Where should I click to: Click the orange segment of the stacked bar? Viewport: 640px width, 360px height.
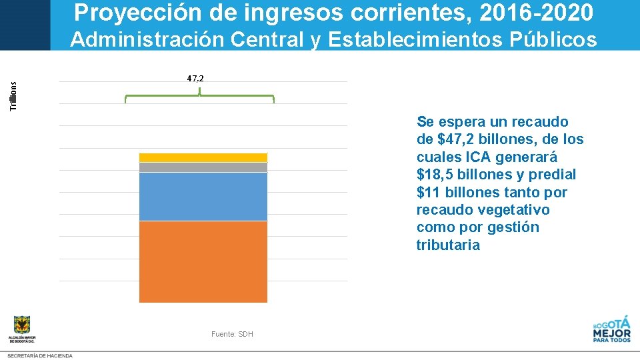pyautogui.click(x=203, y=261)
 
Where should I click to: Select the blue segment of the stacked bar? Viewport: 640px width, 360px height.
pyautogui.click(x=203, y=196)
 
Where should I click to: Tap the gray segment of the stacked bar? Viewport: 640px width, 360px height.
pyautogui.click(x=203, y=167)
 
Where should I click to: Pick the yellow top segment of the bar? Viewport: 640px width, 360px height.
pyautogui.click(x=203, y=157)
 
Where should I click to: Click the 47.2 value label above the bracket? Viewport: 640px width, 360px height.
pyautogui.click(x=195, y=79)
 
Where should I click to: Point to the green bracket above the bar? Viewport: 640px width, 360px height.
pyautogui.click(x=199, y=97)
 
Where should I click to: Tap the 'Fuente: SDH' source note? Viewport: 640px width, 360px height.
pyautogui.click(x=232, y=334)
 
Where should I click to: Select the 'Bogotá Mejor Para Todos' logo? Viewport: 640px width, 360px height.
pyautogui.click(x=611, y=329)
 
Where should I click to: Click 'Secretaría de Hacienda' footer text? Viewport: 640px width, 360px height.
pyautogui.click(x=40, y=356)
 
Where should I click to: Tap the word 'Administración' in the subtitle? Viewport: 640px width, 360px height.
pyautogui.click(x=147, y=40)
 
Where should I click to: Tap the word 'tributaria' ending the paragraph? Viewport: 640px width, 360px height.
pyautogui.click(x=447, y=245)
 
